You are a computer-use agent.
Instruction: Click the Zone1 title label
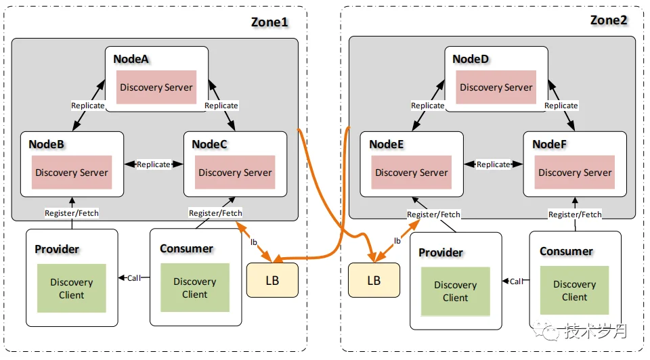269,22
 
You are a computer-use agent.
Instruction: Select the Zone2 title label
609,20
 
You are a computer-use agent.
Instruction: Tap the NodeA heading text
131,59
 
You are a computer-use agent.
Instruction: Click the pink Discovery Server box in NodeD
496,87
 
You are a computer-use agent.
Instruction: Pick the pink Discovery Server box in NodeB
72,173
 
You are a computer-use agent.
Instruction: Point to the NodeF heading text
549,144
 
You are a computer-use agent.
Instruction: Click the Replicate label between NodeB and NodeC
154,164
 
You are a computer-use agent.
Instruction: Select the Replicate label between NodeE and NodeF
494,164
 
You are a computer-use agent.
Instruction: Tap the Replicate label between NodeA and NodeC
221,106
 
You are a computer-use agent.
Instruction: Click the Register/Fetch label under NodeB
72,213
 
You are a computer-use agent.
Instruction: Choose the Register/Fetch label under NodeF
575,215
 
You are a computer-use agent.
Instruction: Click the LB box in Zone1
272,280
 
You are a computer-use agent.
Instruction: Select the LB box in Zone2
374,280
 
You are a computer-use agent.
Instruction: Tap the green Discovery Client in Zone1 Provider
71,288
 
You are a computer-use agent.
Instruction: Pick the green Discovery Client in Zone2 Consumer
575,290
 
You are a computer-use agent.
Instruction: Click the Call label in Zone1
134,278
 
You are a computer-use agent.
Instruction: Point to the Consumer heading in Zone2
566,252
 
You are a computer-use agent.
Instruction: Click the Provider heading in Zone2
441,252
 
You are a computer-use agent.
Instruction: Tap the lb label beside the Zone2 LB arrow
397,241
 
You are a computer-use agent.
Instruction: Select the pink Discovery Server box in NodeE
411,173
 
